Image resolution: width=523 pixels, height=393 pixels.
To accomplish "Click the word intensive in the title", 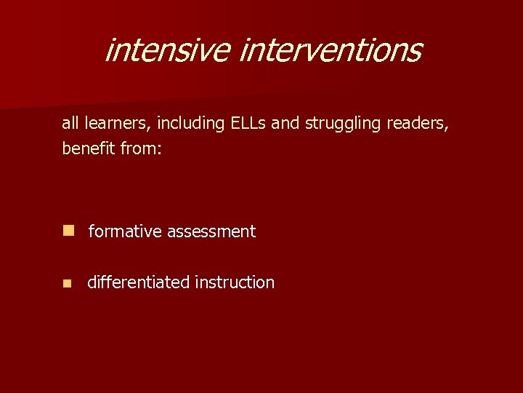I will coord(167,50).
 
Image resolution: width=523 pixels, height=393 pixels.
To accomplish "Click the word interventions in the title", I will coord(330,50).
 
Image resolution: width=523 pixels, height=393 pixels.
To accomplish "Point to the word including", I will coord(185,124).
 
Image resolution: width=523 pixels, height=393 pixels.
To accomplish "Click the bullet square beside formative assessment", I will coord(68,231).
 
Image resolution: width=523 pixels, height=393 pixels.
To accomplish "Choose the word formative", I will coord(125,231).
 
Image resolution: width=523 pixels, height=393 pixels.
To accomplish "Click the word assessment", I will coord(211,231).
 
